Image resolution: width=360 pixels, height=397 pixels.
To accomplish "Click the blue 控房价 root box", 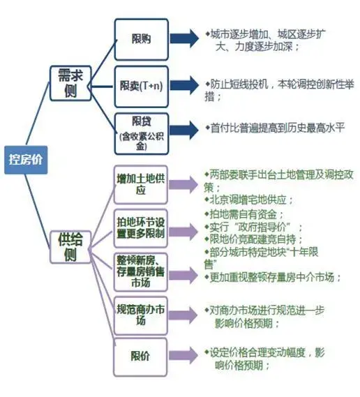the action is point(26,160).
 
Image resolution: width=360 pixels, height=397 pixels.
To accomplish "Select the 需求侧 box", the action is point(70,83).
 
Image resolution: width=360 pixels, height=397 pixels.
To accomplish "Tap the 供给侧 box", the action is point(70,247).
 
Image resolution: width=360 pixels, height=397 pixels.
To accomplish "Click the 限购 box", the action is point(141,40).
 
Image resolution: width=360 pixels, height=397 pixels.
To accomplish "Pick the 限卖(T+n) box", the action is point(141,87).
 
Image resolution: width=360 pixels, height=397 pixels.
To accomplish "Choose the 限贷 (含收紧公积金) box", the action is point(141,134).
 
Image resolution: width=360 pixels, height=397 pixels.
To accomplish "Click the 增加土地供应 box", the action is point(141,185).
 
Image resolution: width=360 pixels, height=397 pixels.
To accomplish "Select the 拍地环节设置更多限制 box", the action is point(141,228).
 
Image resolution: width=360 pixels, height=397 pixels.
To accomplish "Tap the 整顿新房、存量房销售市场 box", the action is point(141,272).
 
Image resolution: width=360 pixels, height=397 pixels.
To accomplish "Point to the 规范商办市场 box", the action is point(141,316).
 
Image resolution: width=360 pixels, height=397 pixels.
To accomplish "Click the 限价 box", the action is point(140,357).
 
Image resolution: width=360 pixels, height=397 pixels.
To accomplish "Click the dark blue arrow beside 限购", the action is point(184,38).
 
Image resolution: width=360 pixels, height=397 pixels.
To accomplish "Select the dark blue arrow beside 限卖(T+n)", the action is point(184,85).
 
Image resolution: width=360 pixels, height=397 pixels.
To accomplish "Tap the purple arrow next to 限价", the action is point(183,355).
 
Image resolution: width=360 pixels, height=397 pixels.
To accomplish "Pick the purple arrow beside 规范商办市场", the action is point(183,315).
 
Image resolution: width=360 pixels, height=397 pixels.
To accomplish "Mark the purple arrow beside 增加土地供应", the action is point(183,184).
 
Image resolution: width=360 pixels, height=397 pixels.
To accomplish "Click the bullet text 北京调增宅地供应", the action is point(248,200).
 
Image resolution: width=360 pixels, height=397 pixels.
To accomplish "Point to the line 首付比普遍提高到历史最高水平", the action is point(275,128).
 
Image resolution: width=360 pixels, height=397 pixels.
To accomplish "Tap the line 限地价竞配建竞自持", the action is point(253,239).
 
